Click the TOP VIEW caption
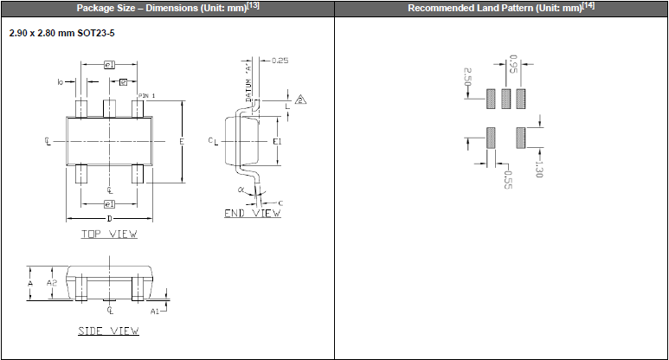pos(109,234)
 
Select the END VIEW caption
pos(253,213)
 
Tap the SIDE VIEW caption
pos(108,331)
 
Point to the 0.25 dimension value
pos(280,61)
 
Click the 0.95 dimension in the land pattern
pos(513,63)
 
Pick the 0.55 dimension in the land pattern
pos(507,177)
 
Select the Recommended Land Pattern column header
pos(501,9)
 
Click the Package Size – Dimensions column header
pos(167,9)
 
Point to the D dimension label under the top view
pos(108,219)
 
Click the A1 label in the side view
pos(154,310)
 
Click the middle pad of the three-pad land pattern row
pos(505,98)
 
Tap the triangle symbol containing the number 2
pos(300,100)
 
